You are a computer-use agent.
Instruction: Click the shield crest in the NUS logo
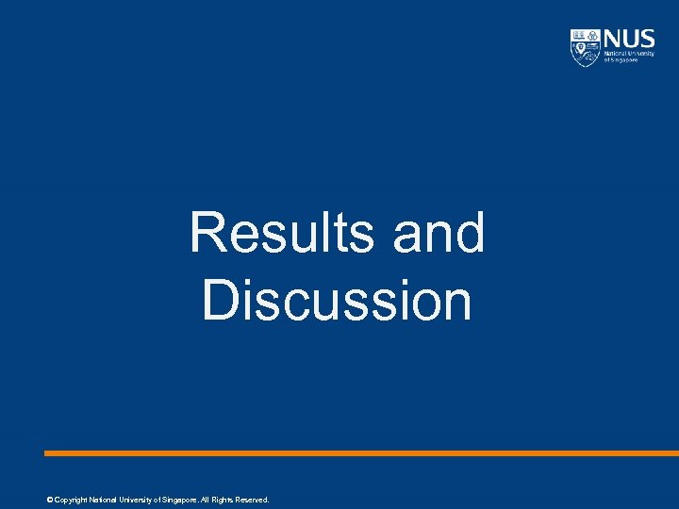coord(585,47)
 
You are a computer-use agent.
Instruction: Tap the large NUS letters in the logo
coord(629,39)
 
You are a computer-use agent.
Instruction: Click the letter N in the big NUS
coord(613,39)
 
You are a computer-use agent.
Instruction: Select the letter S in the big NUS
coord(647,39)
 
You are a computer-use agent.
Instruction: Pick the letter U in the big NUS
coord(630,39)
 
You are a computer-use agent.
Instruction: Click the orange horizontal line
coord(358,453)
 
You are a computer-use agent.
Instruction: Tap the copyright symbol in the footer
coord(49,500)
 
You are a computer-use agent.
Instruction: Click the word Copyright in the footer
coord(70,500)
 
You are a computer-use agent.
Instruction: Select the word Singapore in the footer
coord(181,500)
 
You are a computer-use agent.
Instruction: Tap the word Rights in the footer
coord(223,500)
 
